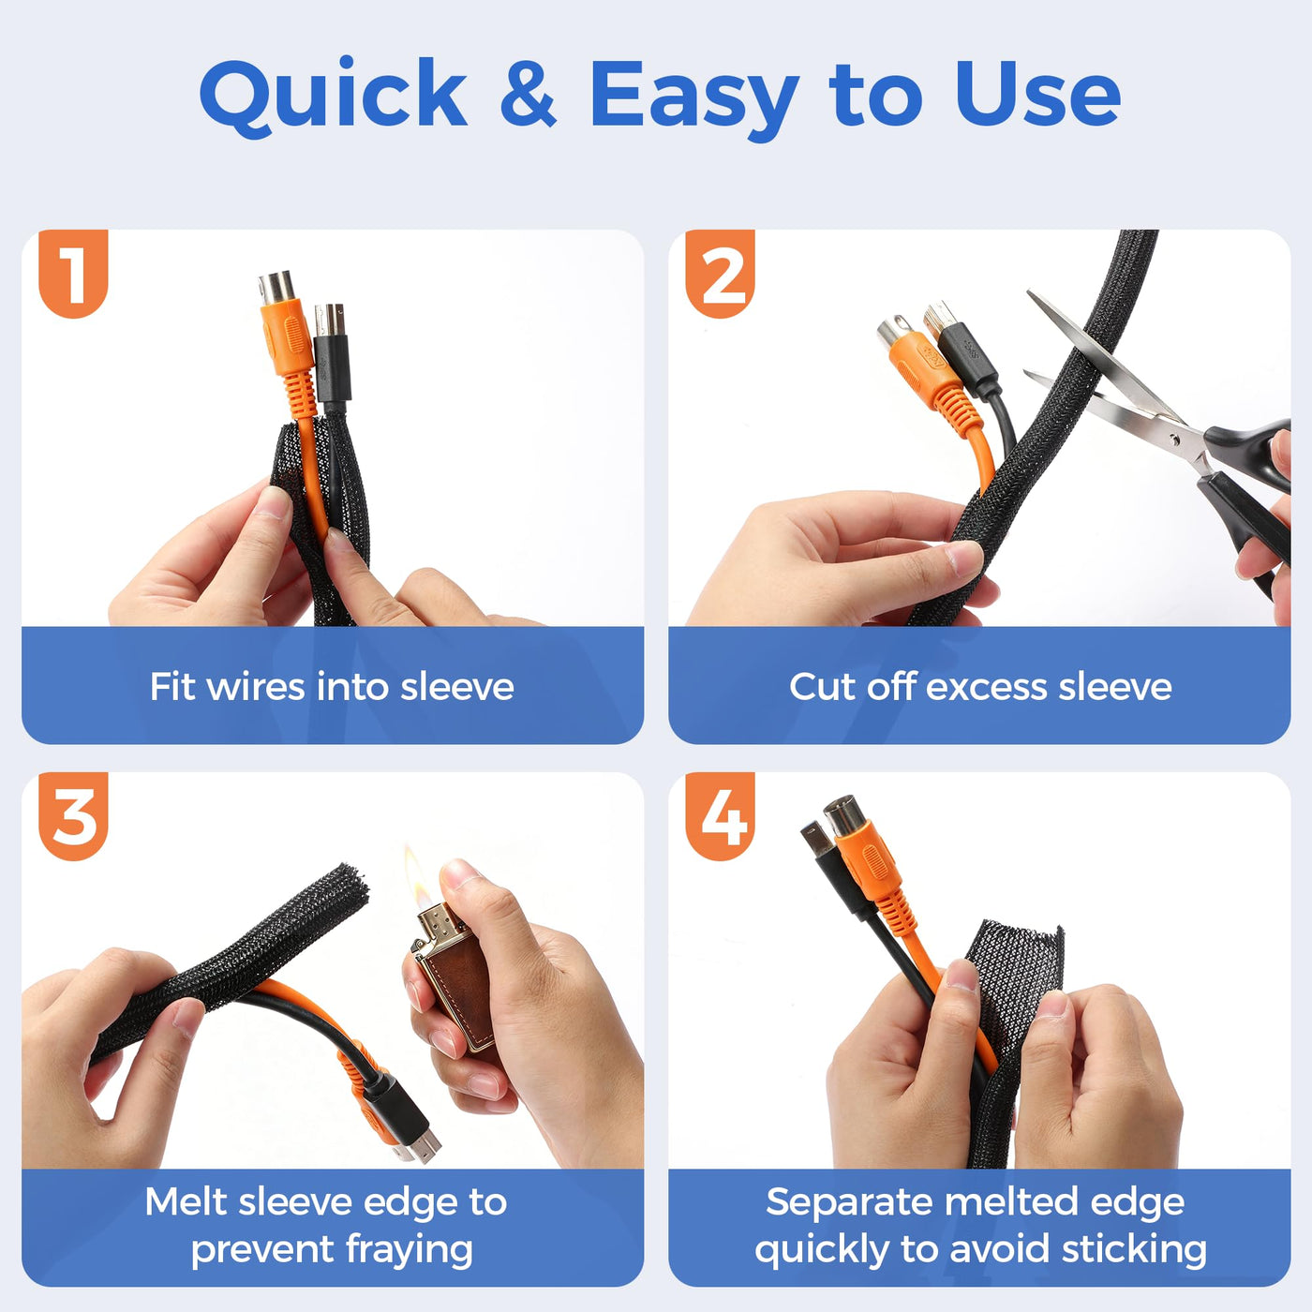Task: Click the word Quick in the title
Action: [333, 96]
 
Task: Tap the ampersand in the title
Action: [528, 94]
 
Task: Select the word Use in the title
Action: [1038, 94]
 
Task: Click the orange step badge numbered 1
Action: [73, 273]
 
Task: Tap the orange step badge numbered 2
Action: [720, 273]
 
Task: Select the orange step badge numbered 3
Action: [73, 815]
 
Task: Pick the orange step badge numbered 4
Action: [720, 815]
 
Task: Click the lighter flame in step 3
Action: [415, 875]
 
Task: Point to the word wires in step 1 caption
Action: [256, 686]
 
